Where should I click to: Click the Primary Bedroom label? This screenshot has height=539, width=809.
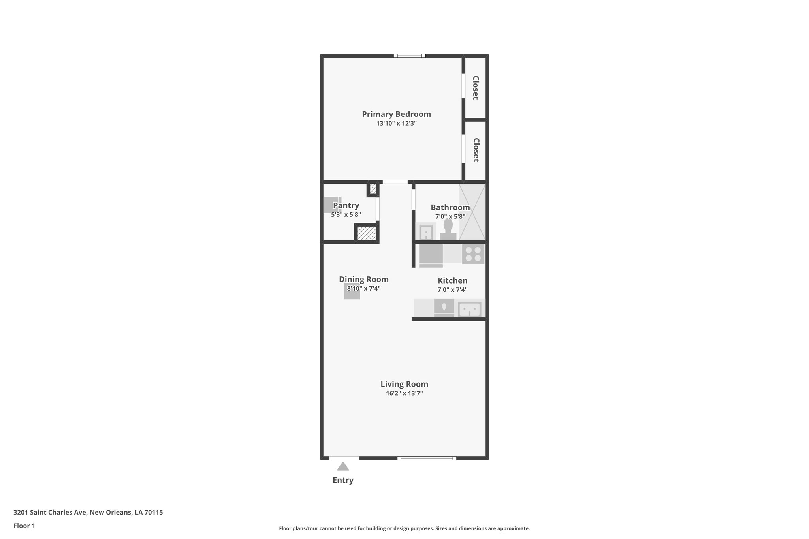pyautogui.click(x=396, y=114)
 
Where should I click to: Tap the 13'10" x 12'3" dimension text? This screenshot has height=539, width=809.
pyautogui.click(x=396, y=124)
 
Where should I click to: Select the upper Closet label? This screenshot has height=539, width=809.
pyautogui.click(x=476, y=88)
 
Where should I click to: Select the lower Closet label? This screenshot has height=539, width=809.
pyautogui.click(x=476, y=150)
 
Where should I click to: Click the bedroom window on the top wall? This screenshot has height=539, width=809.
pyautogui.click(x=409, y=56)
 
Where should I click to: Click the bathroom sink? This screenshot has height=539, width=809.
pyautogui.click(x=426, y=232)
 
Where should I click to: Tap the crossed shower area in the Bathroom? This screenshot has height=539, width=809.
pyautogui.click(x=472, y=212)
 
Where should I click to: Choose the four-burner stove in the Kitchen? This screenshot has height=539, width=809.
pyautogui.click(x=473, y=254)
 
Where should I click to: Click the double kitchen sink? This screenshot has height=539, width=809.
pyautogui.click(x=469, y=309)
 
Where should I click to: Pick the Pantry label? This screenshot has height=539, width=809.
pyautogui.click(x=346, y=205)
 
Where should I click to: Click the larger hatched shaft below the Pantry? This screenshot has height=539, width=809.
pyautogui.click(x=367, y=233)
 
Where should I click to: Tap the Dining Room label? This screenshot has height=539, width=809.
pyautogui.click(x=363, y=280)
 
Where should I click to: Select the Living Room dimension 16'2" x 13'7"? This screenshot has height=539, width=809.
pyautogui.click(x=404, y=393)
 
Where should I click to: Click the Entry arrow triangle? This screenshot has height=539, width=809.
pyautogui.click(x=343, y=467)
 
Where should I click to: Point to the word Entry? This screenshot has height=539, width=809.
pyautogui.click(x=343, y=480)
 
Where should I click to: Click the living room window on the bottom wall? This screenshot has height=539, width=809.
pyautogui.click(x=427, y=458)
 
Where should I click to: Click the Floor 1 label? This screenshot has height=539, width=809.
pyautogui.click(x=24, y=526)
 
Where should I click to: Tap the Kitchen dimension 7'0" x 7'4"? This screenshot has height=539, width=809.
pyautogui.click(x=452, y=290)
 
